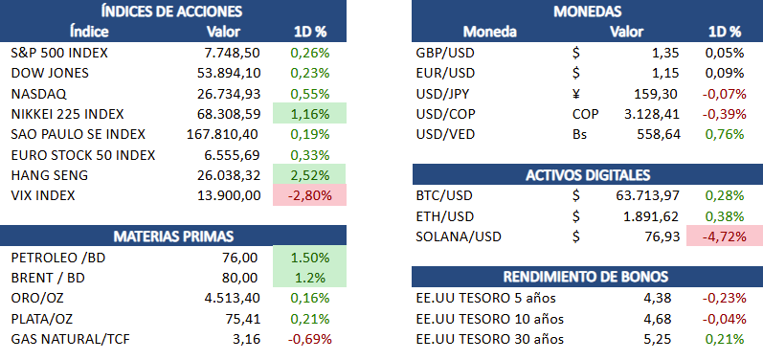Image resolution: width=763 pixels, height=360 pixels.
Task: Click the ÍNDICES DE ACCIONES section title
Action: click(171, 11)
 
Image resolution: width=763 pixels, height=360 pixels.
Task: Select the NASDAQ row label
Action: click(38, 94)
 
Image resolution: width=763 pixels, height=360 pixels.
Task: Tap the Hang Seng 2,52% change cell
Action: click(309, 175)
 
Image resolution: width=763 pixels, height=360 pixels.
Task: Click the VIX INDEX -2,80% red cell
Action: click(309, 195)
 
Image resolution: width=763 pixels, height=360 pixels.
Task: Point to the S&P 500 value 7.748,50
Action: click(230, 53)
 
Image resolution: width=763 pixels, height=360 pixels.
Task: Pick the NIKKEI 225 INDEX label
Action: click(67, 114)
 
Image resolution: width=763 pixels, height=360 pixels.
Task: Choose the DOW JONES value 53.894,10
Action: click(229, 73)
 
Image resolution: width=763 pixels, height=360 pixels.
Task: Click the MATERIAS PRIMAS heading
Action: click(173, 236)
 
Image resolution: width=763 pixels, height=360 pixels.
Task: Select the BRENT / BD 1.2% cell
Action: click(309, 278)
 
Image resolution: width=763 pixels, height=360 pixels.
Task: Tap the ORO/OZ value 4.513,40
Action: click(232, 298)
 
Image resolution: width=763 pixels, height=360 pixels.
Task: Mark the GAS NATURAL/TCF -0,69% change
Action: click(309, 339)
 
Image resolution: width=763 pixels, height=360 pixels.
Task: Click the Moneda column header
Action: click(489, 33)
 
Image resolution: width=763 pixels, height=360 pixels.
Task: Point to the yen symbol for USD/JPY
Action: click(576, 94)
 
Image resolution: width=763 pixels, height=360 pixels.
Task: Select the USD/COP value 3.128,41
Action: click(652, 114)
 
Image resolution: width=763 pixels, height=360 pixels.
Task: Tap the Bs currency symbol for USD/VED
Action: click(579, 134)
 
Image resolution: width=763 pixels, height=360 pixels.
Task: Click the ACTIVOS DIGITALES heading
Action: click(588, 175)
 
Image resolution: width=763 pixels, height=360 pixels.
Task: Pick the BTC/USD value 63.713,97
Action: click(648, 195)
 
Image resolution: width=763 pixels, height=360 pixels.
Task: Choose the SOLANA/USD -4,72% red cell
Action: click(724, 236)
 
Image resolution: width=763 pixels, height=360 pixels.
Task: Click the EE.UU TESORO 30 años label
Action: click(490, 339)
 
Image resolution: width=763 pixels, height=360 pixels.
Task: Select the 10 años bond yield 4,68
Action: click(661, 319)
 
